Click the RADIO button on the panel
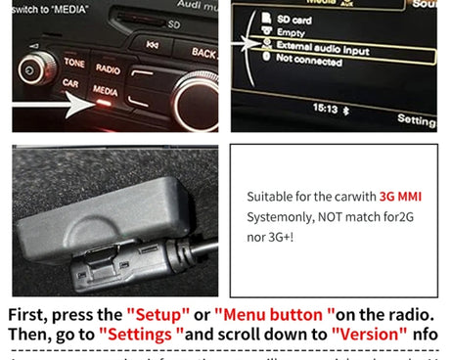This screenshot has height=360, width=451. pos(107,68)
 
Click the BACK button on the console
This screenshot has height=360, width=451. pos(203,52)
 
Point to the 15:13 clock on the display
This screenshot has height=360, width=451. pos(324,108)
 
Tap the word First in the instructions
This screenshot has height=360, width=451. pos(28,315)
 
